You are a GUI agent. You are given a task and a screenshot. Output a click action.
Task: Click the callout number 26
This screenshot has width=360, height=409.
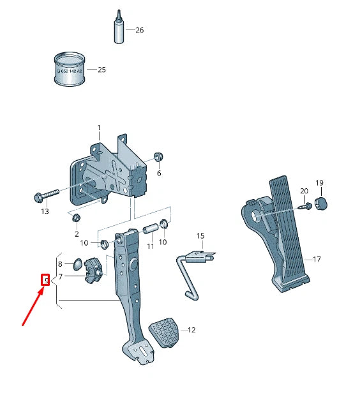(139, 30)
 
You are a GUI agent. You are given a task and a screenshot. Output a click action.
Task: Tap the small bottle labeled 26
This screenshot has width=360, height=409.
(119, 29)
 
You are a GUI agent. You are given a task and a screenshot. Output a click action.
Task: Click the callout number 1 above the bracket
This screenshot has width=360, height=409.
(99, 128)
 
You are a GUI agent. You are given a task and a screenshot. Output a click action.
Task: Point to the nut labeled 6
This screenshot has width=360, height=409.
(159, 158)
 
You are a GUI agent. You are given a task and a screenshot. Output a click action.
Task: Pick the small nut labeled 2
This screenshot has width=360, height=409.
(76, 219)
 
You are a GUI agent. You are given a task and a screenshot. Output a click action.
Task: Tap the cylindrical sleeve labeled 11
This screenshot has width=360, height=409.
(151, 228)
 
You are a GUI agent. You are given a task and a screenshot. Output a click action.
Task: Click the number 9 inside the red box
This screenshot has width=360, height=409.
(45, 279)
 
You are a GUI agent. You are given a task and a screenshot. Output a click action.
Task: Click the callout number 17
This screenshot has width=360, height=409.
(317, 259)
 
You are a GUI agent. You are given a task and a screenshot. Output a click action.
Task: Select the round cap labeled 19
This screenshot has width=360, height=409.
(320, 204)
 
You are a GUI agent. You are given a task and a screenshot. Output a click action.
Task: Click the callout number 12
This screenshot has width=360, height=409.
(191, 330)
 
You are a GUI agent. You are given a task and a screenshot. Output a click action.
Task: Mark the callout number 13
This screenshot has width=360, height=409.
(45, 211)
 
